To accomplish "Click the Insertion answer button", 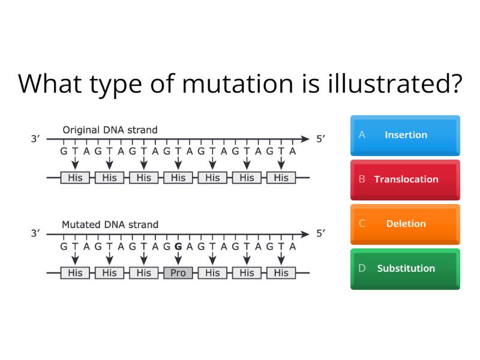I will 405,135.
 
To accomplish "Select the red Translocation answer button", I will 405,179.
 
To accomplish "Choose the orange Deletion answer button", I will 405,224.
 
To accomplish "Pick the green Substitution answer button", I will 405,268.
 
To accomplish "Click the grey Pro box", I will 178,272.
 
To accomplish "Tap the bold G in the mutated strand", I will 178,246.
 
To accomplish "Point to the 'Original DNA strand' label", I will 110,130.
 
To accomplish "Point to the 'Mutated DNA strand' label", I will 110,224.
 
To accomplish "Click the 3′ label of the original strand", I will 35,139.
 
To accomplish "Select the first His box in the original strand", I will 75,178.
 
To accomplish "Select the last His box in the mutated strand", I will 281,272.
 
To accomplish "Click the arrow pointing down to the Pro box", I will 178,258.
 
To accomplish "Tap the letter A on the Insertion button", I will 362,135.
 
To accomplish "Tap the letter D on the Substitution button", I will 362,268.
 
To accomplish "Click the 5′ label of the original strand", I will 321,139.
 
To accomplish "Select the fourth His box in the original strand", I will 178,178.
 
